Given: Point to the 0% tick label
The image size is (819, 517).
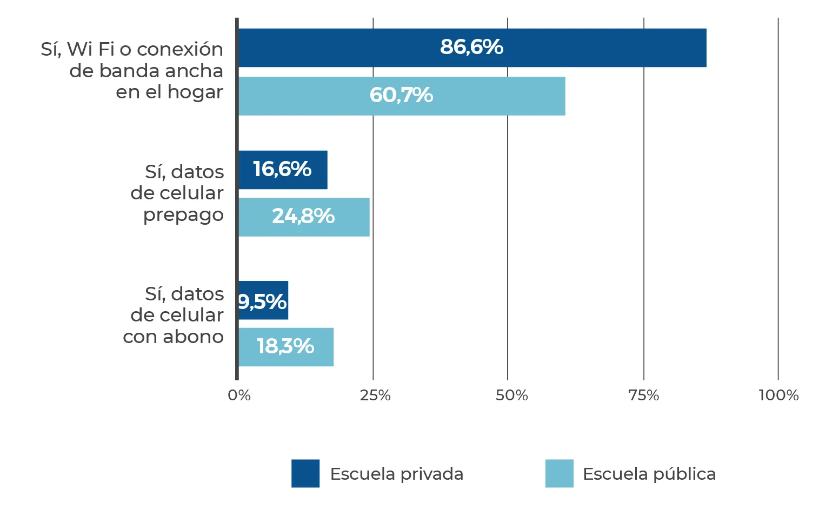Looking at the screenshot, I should (239, 395).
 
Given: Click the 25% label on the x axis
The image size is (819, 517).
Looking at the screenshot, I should (375, 395).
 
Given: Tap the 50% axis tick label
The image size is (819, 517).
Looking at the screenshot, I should (511, 395).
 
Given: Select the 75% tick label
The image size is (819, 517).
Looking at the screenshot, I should (644, 395).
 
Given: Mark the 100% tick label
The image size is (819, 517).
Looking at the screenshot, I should (778, 395).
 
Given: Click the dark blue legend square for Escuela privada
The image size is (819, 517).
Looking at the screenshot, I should (305, 473).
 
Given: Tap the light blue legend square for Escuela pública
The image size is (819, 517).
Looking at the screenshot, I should (560, 473).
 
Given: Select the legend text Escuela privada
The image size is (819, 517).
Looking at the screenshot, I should (396, 474).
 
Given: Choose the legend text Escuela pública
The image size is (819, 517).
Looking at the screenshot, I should (649, 474).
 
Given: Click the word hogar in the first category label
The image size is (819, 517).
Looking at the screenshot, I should (195, 92).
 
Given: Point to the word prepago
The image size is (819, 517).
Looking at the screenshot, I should (183, 215).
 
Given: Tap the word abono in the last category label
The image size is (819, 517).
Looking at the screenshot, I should (193, 337).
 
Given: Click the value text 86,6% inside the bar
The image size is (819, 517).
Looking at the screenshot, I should (471, 47).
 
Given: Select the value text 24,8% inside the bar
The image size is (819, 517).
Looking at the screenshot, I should (303, 216).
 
